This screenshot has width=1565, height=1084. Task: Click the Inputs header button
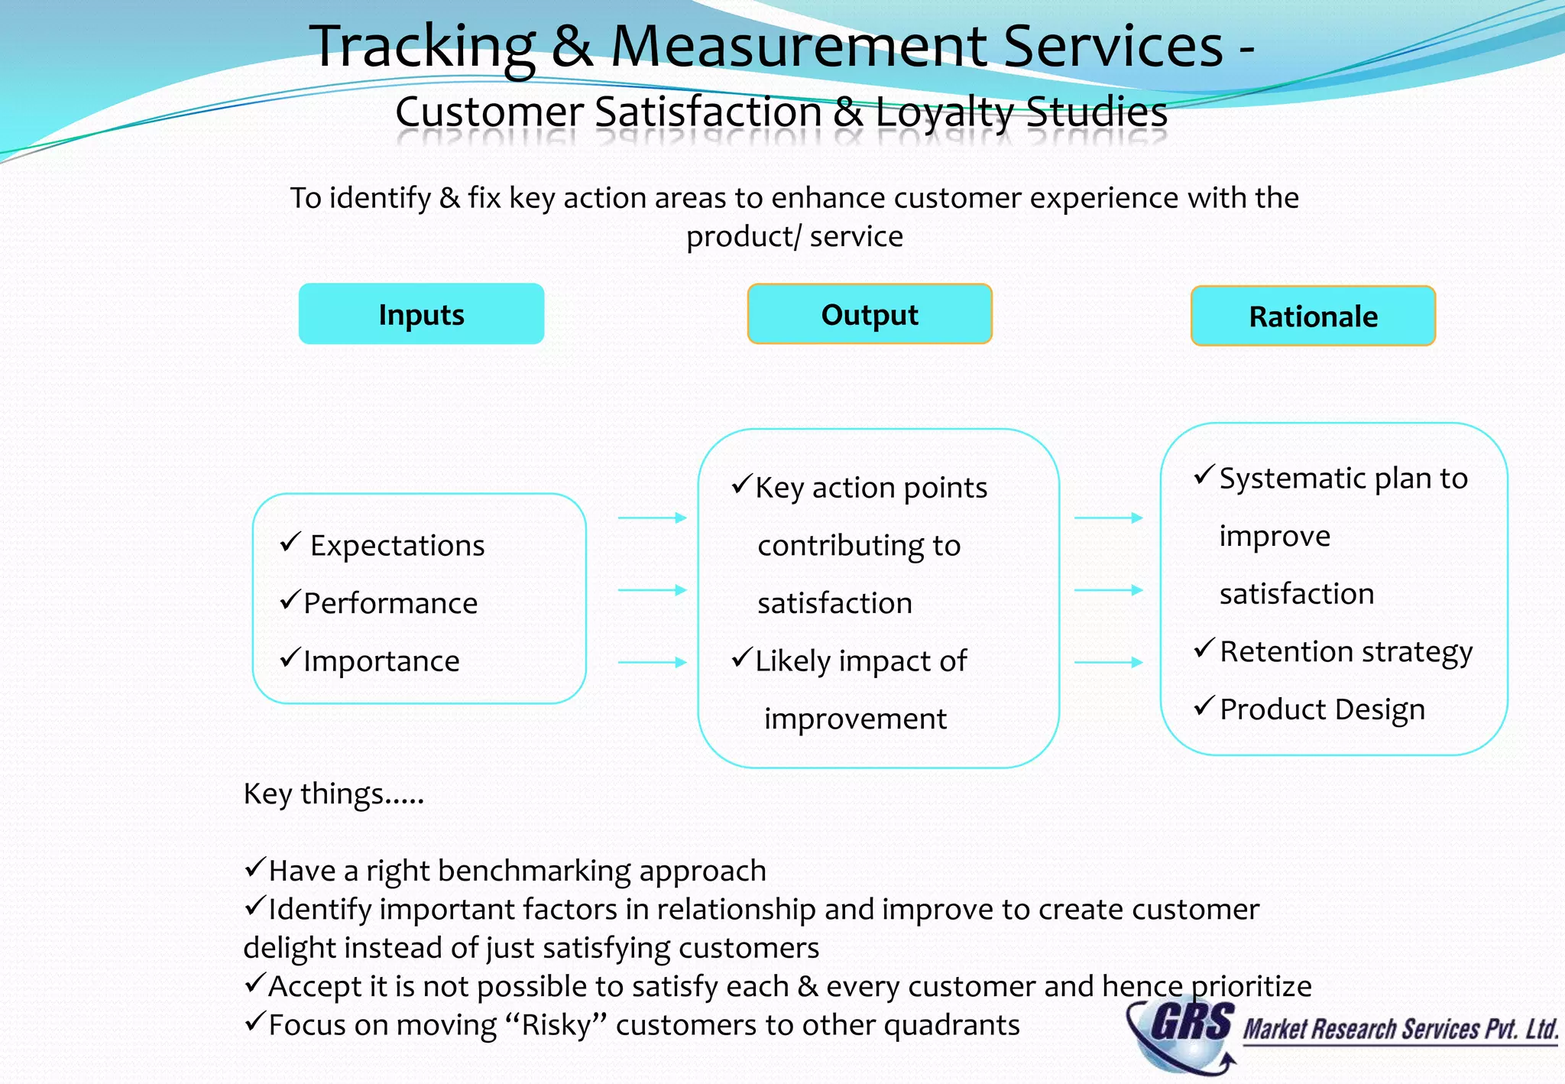[x=421, y=314]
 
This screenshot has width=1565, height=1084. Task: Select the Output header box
[x=870, y=314]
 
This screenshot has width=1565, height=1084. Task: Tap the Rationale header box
[x=1313, y=316]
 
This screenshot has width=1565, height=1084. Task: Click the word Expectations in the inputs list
[x=397, y=546]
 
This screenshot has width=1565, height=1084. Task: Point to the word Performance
[x=390, y=603]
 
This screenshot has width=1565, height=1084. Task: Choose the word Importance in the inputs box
[x=381, y=661]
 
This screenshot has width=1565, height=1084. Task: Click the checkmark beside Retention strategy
[x=1204, y=650]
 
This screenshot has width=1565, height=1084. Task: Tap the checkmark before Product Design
[x=1204, y=707]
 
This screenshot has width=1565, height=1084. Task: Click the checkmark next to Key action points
[x=741, y=485]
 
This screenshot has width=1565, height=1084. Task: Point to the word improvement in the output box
[x=855, y=719]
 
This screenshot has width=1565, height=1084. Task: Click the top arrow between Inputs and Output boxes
[x=652, y=518]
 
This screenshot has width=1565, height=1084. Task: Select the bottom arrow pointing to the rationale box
[x=1108, y=662]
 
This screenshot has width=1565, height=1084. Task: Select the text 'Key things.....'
[x=333, y=794]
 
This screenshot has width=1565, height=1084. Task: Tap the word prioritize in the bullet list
[x=1252, y=987]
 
